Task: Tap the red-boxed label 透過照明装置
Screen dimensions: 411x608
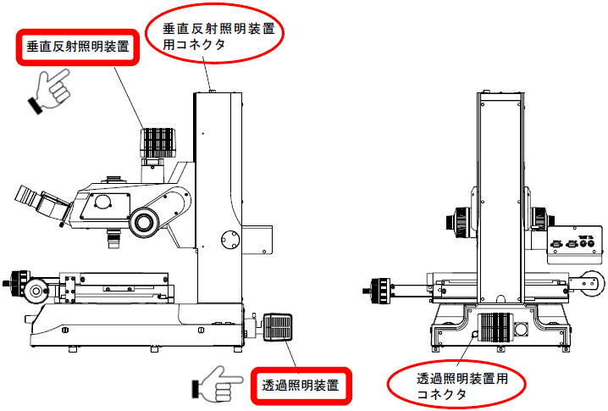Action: pos(301,386)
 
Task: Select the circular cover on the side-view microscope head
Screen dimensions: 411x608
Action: pos(102,201)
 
